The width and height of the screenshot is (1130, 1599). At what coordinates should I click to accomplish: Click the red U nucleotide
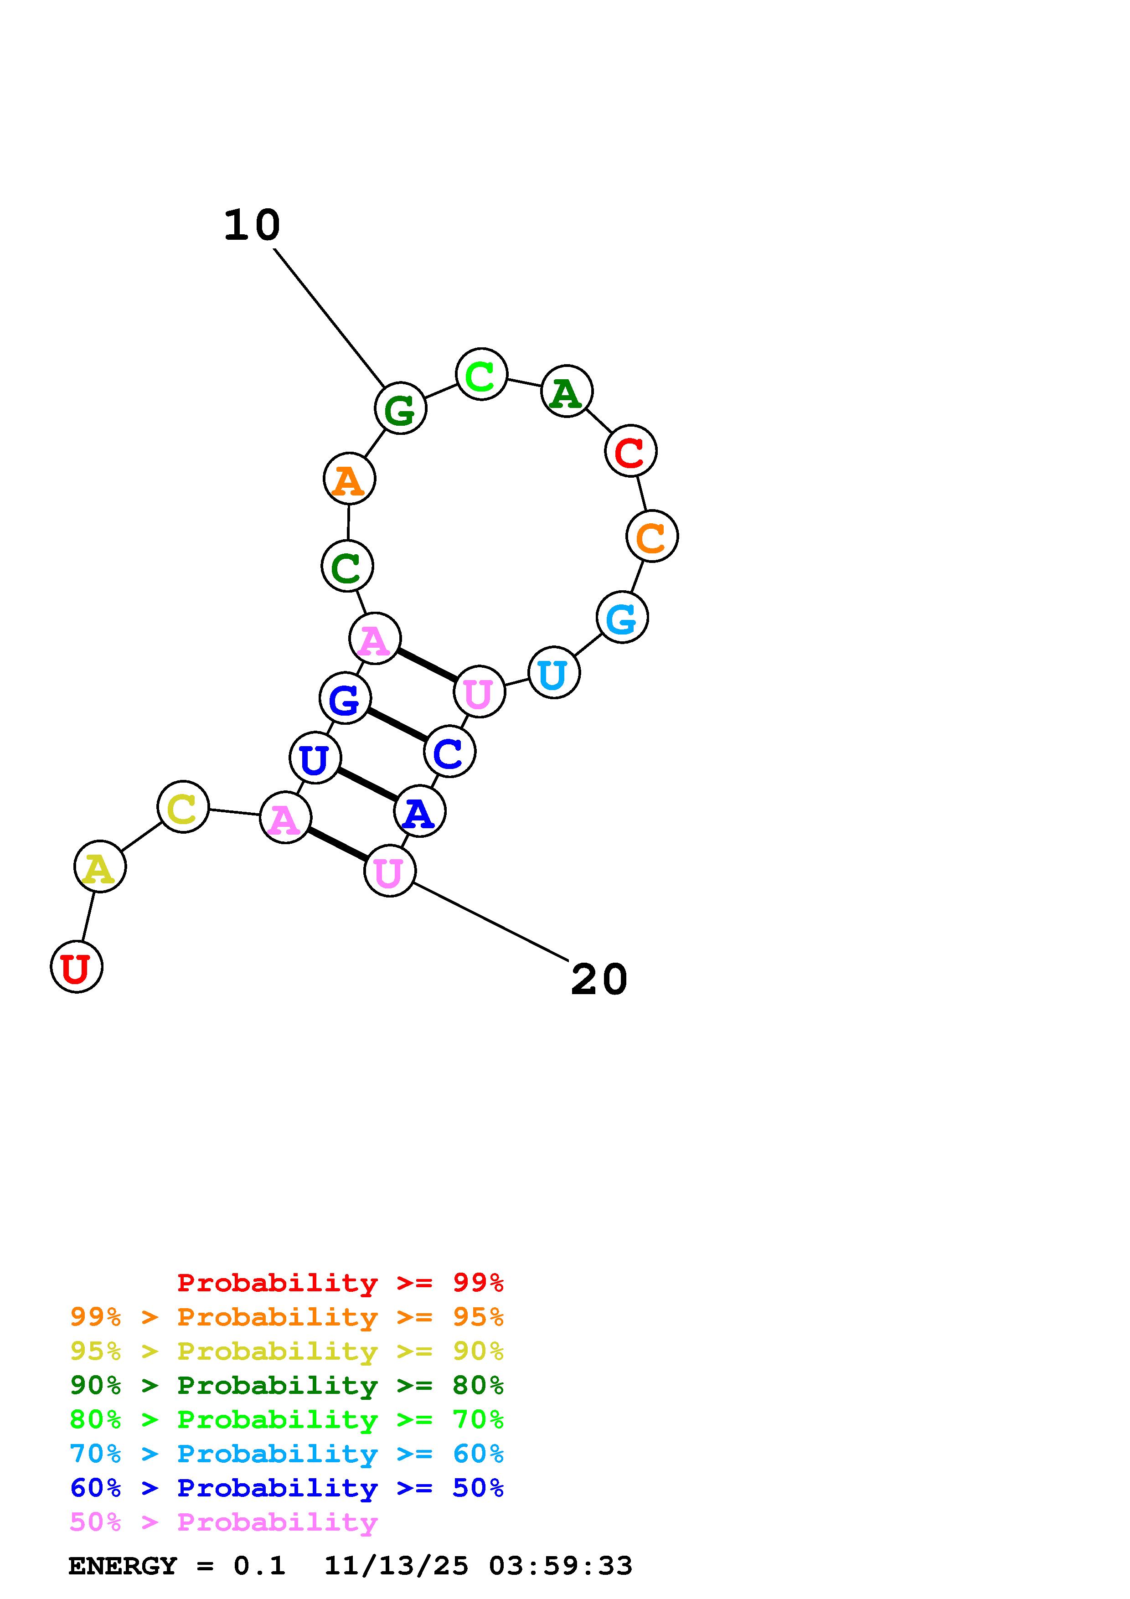(x=77, y=967)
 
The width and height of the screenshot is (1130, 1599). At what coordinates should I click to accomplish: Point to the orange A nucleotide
(x=350, y=479)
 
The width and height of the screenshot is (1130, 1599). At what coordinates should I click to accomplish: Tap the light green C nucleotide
(x=481, y=375)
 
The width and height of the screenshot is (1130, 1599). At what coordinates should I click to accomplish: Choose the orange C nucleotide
(x=652, y=536)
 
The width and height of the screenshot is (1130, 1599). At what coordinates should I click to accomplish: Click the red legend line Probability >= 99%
(x=340, y=1282)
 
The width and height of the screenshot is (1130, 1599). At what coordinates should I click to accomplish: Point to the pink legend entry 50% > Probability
(x=223, y=1522)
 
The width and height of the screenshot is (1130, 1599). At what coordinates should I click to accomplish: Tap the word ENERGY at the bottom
(x=123, y=1566)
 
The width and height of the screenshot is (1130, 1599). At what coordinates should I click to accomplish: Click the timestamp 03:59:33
(x=561, y=1566)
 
